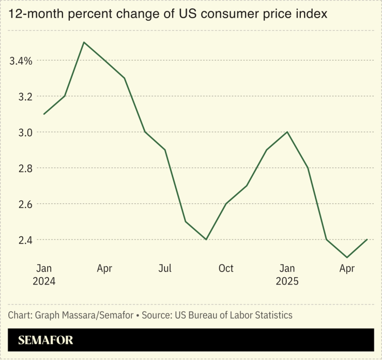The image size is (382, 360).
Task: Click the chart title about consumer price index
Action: tap(167, 14)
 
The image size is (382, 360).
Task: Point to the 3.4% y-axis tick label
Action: tap(21, 61)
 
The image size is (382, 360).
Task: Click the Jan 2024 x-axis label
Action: tap(44, 275)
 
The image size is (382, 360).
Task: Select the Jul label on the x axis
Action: tap(165, 268)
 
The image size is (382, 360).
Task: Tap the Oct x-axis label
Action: tap(226, 268)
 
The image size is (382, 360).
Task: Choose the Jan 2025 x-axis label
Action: tap(287, 275)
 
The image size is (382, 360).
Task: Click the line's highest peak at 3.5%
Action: tap(84, 42)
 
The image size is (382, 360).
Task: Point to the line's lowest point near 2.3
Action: tap(347, 257)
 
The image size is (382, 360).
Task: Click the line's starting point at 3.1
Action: tap(44, 114)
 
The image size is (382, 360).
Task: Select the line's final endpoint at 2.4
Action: tap(367, 239)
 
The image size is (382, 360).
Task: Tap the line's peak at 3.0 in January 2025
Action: tap(287, 132)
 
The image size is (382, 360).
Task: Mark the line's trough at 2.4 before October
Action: tap(206, 239)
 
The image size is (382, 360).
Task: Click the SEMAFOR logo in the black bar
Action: tap(45, 340)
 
